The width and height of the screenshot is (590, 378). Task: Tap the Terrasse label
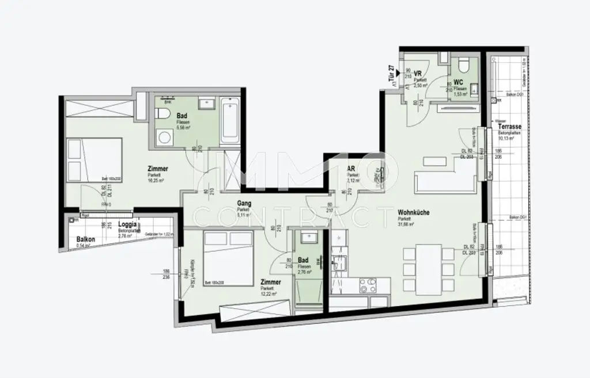(x=510, y=127)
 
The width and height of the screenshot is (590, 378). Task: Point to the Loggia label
(x=127, y=225)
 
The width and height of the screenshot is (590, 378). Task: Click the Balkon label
(x=85, y=240)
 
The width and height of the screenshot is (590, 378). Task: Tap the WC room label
(x=459, y=83)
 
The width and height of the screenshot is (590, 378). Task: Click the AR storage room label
(x=351, y=169)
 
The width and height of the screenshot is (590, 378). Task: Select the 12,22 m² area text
(x=268, y=294)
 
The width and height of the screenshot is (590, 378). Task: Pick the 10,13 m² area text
(x=506, y=138)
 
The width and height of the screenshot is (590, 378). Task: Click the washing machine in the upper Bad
(x=164, y=138)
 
